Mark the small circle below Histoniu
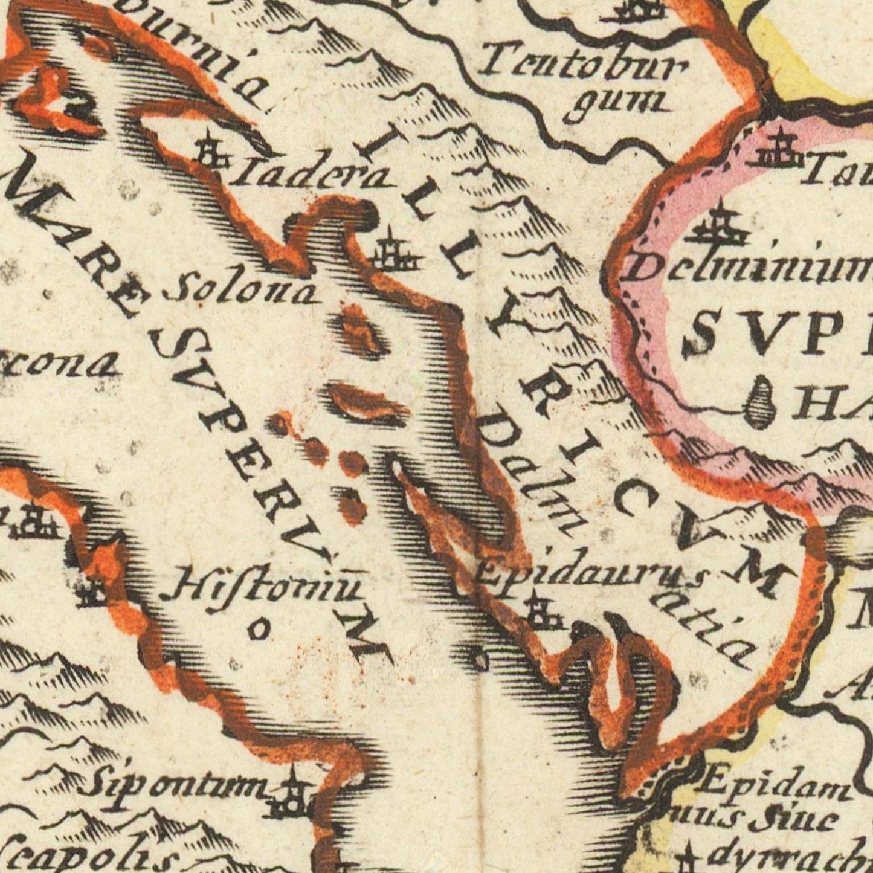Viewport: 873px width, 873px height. tap(259, 630)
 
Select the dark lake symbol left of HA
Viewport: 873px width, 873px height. tap(761, 401)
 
